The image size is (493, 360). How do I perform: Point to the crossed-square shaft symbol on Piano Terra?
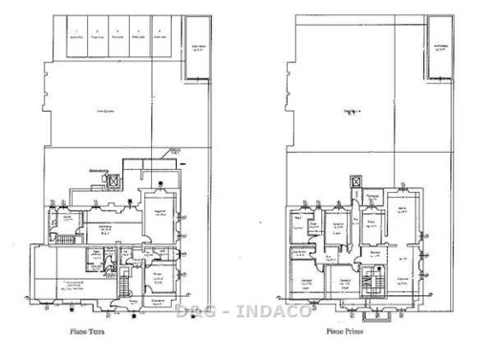[x=114, y=179]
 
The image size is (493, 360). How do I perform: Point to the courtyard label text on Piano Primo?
[x=354, y=112]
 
